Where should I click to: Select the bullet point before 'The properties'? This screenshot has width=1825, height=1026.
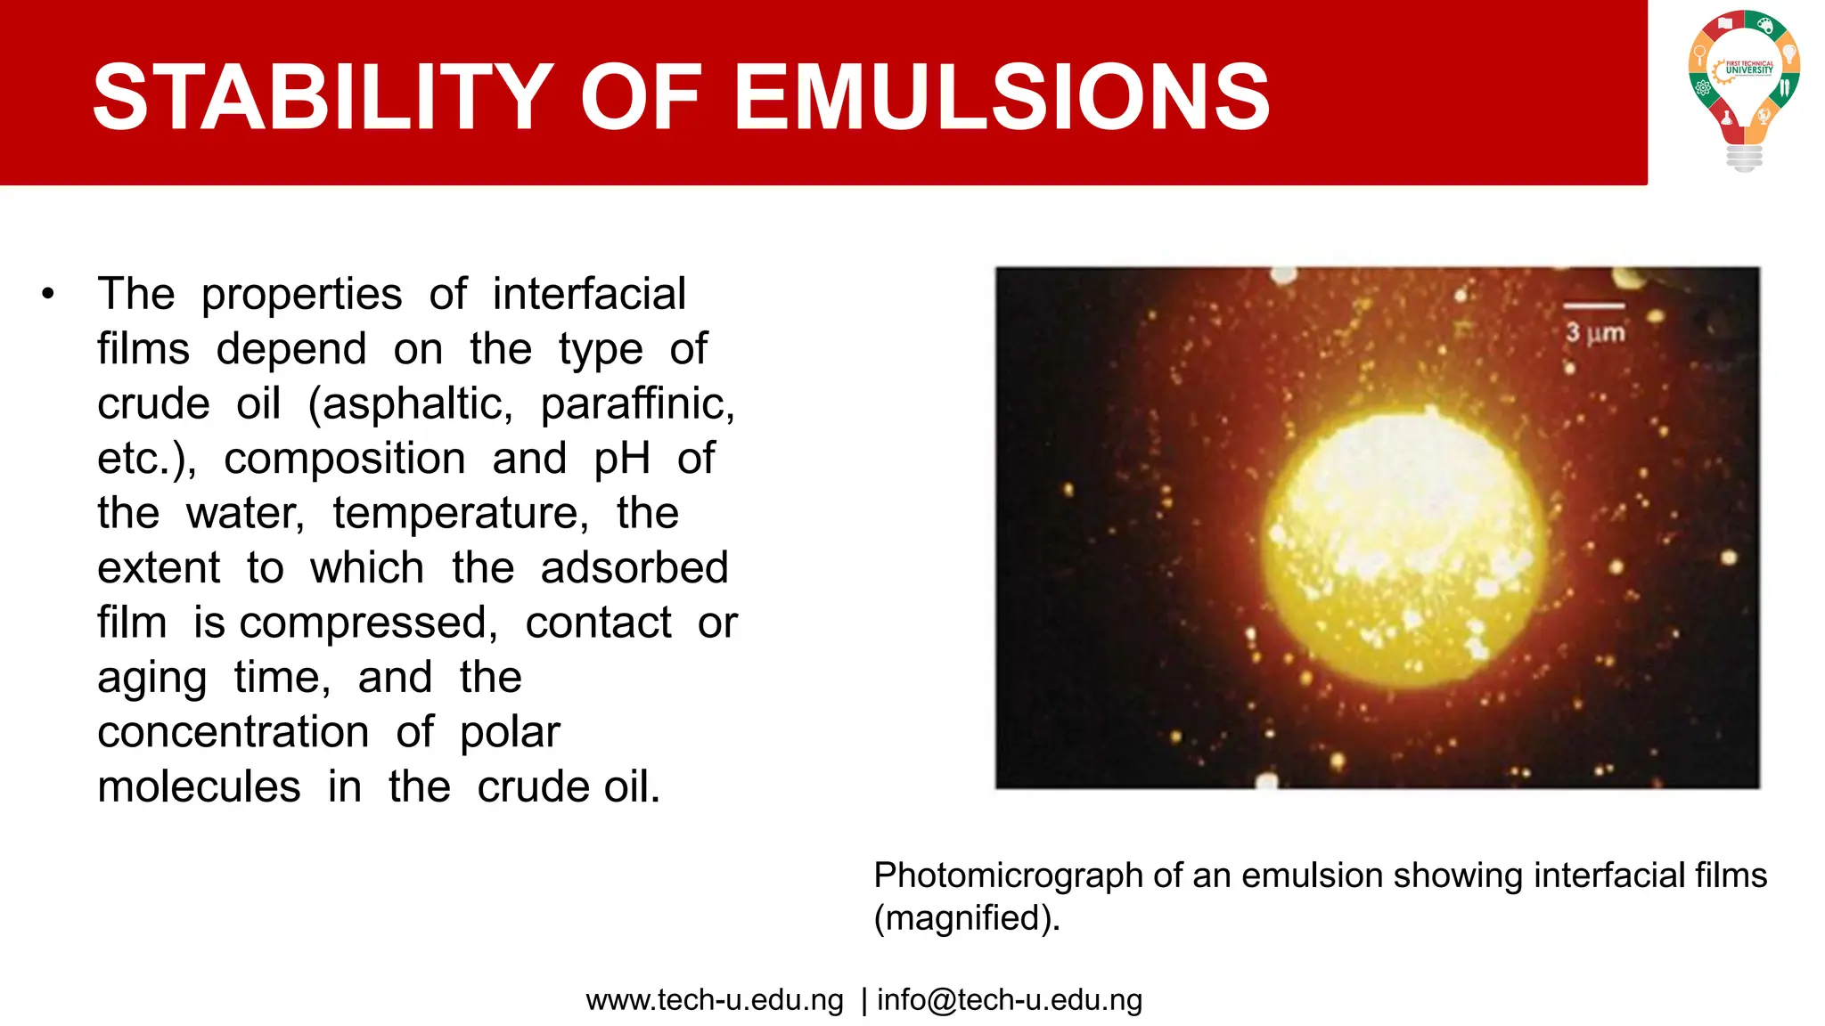(48, 294)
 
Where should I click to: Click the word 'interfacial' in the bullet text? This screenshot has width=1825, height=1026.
(589, 294)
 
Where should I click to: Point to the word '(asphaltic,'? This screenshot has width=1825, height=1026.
(411, 403)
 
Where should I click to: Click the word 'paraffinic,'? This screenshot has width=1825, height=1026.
(638, 403)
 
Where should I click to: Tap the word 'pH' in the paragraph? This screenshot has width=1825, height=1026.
(622, 459)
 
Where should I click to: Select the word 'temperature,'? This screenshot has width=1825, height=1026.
(461, 513)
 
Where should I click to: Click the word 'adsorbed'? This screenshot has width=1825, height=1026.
(634, 568)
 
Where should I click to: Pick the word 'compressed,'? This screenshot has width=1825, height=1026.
(368, 623)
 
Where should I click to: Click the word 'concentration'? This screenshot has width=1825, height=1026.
(233, 732)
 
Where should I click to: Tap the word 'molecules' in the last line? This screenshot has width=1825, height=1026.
(199, 787)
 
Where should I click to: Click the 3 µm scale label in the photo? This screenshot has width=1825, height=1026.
(1595, 333)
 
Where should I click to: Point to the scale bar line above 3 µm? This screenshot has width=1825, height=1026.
(1594, 306)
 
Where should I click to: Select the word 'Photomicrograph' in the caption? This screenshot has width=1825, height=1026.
(1008, 875)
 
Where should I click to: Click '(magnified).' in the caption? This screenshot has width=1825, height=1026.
(967, 918)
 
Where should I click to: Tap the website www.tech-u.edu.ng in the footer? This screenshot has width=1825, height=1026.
(715, 1000)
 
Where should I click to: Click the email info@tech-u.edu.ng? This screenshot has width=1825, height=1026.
(1009, 1000)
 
